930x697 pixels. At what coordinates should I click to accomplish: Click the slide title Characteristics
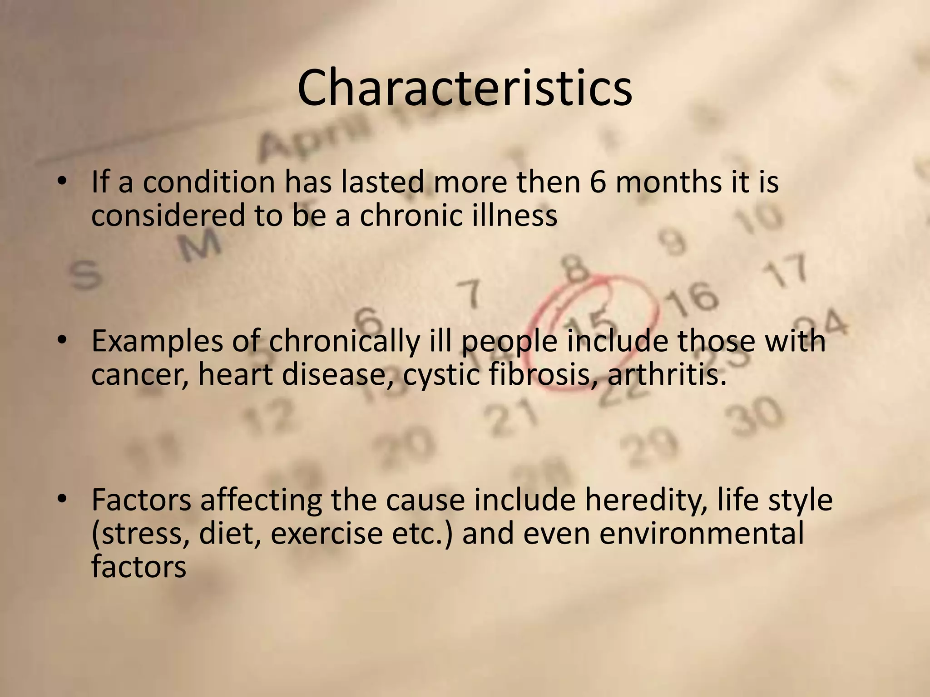coord(465,88)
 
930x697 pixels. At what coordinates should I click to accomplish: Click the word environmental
coord(701,534)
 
